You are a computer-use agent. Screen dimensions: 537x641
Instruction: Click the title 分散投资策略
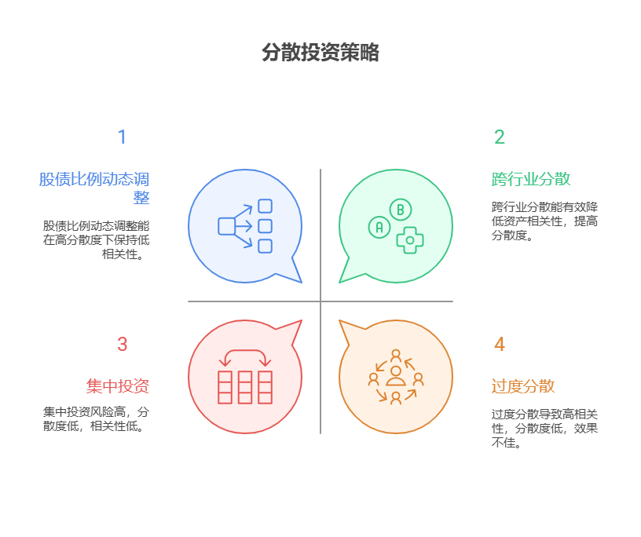coord(320,53)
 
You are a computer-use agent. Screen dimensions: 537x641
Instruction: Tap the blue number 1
coord(122,137)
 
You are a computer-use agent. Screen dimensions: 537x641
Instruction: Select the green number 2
coord(500,137)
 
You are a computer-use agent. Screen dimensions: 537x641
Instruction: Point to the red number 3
coord(122,345)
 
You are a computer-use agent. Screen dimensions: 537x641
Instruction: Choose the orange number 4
coord(500,345)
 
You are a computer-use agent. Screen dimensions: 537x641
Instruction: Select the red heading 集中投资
coord(118,386)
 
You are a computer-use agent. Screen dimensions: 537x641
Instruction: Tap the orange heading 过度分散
coord(523,386)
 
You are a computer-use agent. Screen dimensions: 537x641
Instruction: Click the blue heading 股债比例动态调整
coord(95,188)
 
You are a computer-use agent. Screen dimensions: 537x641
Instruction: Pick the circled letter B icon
coord(401,210)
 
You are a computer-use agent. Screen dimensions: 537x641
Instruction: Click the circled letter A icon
coord(379,228)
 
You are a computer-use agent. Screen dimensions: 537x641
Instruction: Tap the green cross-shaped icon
coord(409,239)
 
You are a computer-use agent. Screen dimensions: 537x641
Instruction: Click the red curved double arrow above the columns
coord(245,357)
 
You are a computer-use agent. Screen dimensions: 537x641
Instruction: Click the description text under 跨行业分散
coord(544,221)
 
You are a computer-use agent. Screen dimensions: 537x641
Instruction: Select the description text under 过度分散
coord(544,428)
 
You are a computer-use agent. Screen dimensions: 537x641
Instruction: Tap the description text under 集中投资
coord(96,418)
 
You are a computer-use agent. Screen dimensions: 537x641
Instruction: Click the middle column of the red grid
coord(245,387)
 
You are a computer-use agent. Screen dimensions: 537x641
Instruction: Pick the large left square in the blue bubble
coord(226,226)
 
